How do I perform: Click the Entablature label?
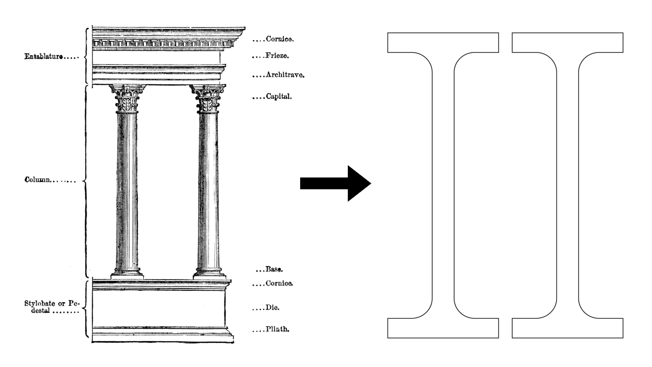(44, 57)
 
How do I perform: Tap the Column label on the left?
(37, 180)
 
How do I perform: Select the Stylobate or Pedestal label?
(52, 307)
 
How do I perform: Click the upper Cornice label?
(280, 39)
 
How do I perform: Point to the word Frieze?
(277, 56)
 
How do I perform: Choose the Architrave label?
(285, 75)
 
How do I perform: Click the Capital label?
(279, 96)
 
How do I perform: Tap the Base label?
(274, 269)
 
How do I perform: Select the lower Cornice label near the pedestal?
(279, 283)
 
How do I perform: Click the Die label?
(272, 308)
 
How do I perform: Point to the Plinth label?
(277, 329)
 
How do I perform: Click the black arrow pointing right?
(336, 183)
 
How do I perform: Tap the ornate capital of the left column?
(127, 99)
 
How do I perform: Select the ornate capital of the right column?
(208, 99)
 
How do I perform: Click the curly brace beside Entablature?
(86, 56)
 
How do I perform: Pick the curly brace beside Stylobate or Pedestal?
(86, 309)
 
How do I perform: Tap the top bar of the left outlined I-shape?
(443, 43)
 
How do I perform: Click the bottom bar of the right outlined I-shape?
(568, 328)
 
